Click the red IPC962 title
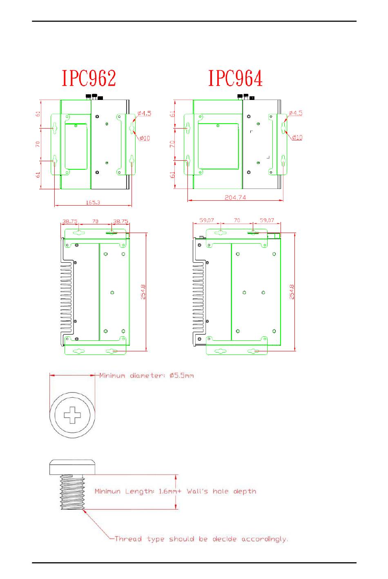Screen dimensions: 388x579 click(x=89, y=78)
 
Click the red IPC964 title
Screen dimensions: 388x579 click(x=235, y=78)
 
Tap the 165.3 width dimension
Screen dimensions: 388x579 click(x=93, y=202)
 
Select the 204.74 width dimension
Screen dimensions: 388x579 click(x=235, y=197)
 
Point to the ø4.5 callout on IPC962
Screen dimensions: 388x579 click(x=144, y=113)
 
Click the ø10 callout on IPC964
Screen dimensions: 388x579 click(x=297, y=137)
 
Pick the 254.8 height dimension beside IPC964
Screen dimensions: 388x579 click(x=292, y=292)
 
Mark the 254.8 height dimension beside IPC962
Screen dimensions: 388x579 click(x=143, y=292)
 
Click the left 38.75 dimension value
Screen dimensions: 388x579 click(x=70, y=221)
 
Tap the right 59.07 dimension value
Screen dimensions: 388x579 click(x=267, y=220)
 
